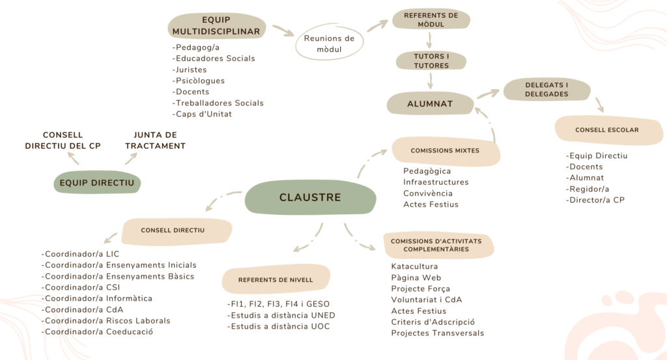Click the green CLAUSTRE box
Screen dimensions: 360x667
tap(310, 197)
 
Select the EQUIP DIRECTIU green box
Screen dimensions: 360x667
tap(96, 183)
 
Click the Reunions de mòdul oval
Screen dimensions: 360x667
tap(329, 44)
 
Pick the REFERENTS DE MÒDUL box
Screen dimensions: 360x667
tap(431, 20)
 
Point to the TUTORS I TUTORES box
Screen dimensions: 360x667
tap(431, 61)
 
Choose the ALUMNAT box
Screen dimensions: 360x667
tap(430, 104)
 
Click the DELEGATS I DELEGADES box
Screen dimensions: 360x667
tap(546, 90)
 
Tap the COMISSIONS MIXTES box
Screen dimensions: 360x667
tap(445, 150)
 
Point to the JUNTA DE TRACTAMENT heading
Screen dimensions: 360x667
tap(155, 140)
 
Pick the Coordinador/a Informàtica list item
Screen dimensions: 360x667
tap(98, 298)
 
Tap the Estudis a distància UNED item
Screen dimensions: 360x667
tap(281, 315)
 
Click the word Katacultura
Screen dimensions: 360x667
tap(414, 266)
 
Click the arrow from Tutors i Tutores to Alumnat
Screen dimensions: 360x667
tap(431, 81)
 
